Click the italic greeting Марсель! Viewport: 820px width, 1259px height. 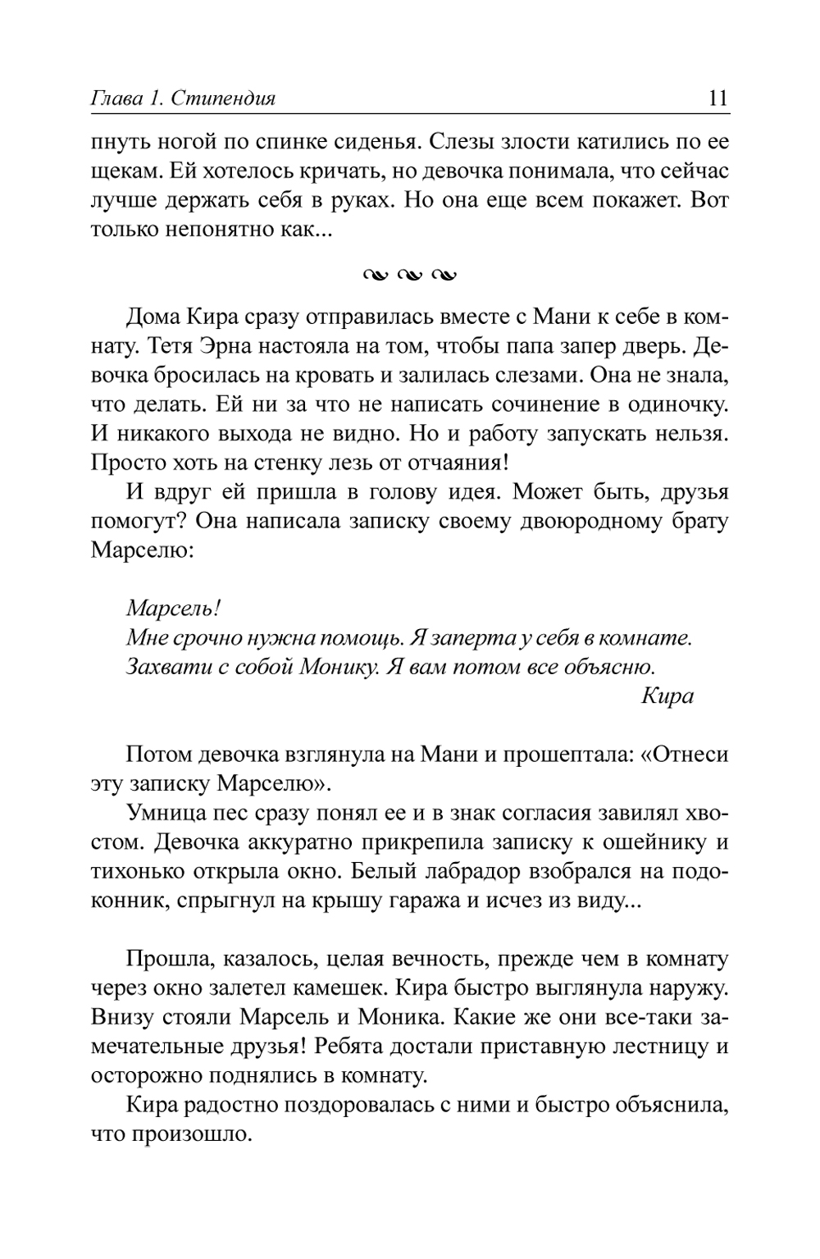click(174, 609)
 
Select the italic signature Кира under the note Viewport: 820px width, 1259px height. click(667, 696)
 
